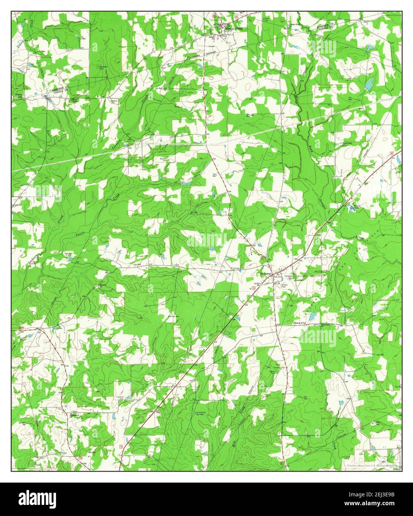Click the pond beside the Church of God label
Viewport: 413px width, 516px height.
point(312,316)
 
